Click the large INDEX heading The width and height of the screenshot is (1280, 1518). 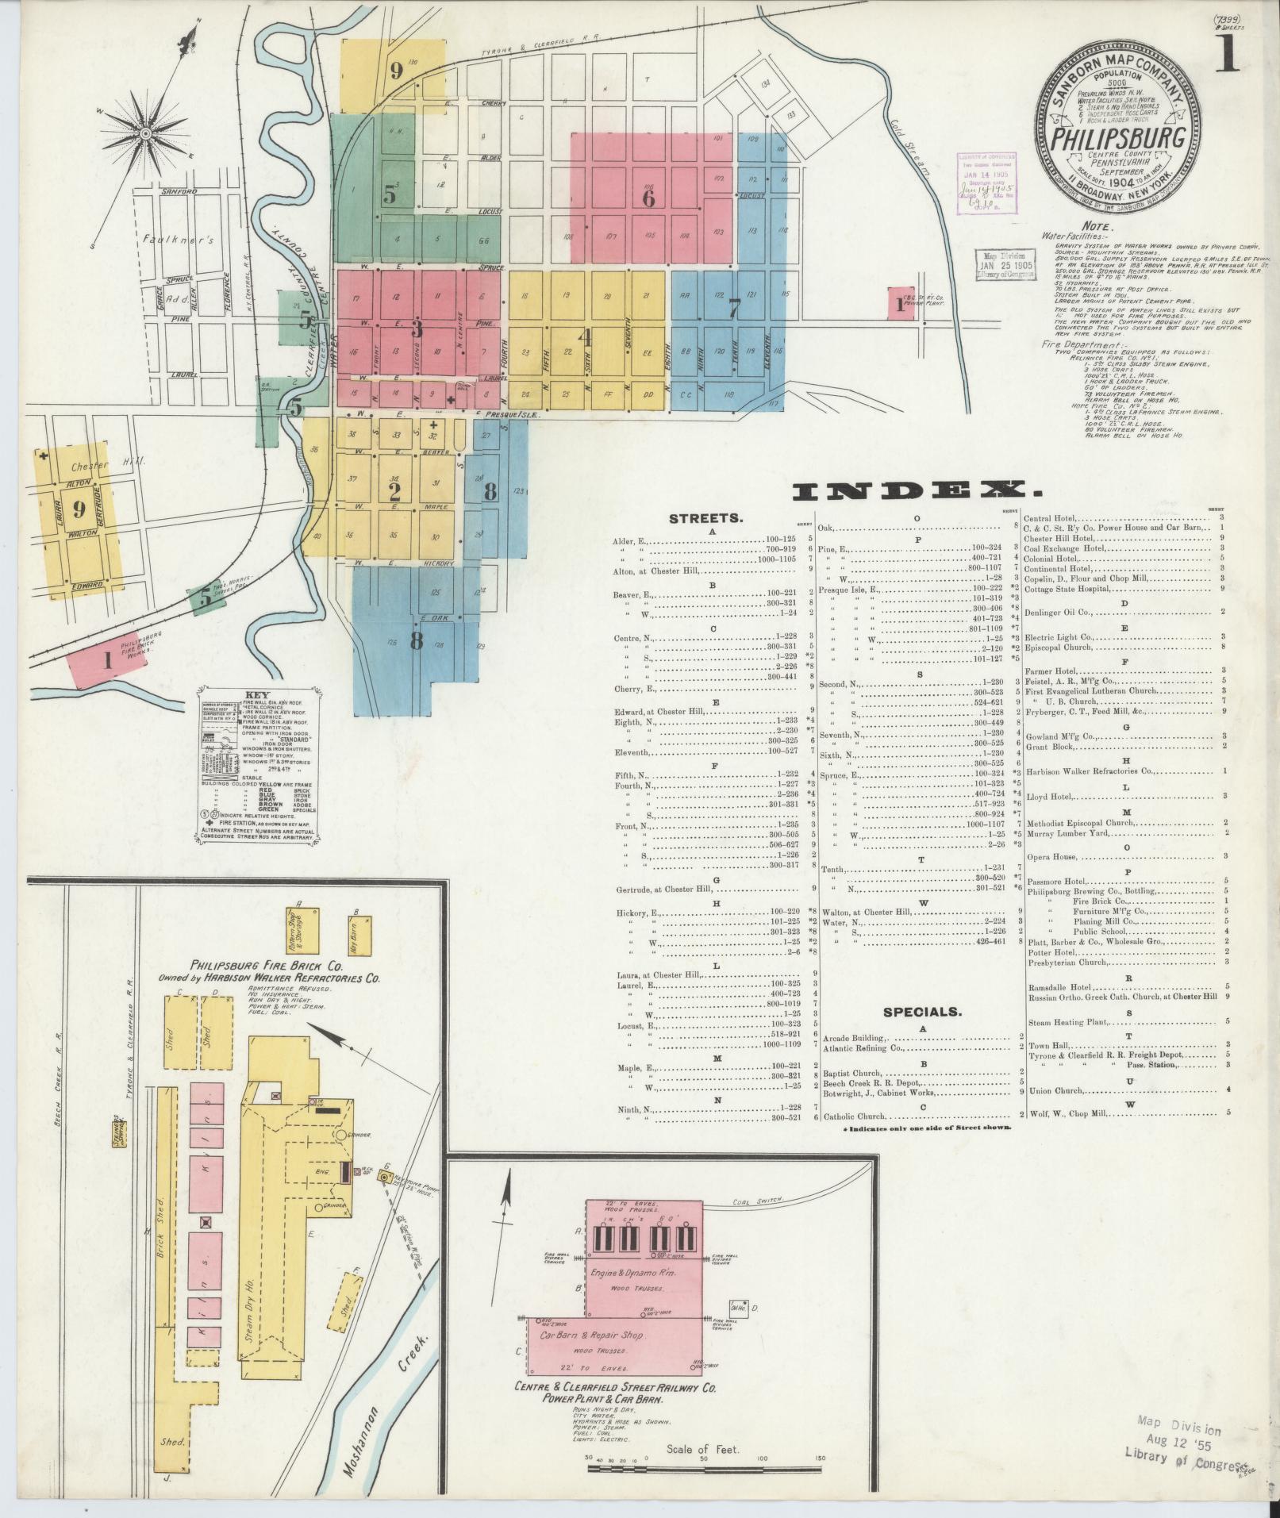pyautogui.click(x=907, y=492)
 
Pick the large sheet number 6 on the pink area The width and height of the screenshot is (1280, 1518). pyautogui.click(x=648, y=198)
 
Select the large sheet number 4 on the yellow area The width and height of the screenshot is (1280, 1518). pyautogui.click(x=586, y=337)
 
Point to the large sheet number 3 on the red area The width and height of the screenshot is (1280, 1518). pyautogui.click(x=416, y=329)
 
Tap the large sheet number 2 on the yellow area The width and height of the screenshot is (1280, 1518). pyautogui.click(x=394, y=492)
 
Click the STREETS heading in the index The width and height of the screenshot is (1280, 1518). pyautogui.click(x=706, y=518)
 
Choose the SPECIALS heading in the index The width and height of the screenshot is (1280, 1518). pyautogui.click(x=921, y=1012)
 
